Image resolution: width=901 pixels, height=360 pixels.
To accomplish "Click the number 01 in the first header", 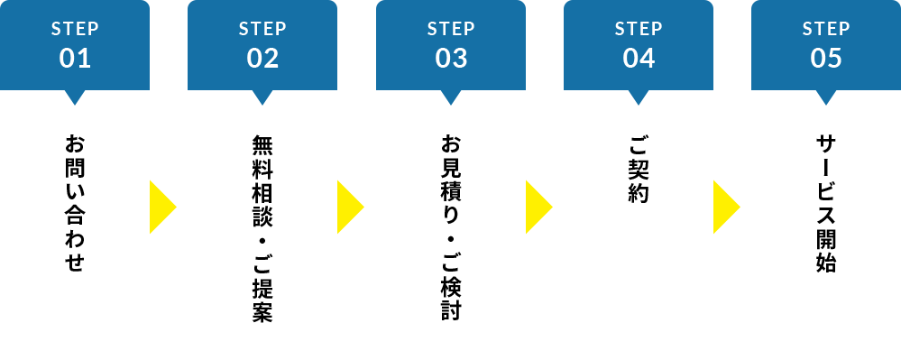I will (75, 59).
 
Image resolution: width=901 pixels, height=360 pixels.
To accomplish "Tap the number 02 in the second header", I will (262, 59).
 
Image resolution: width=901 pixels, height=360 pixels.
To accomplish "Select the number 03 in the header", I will (451, 59).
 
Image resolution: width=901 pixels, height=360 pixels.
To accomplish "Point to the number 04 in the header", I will (639, 59).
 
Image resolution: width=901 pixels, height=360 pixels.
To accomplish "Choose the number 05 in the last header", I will (826, 59).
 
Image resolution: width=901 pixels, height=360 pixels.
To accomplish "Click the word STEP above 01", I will (75, 28).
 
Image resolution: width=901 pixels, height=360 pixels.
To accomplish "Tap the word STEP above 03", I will (451, 28).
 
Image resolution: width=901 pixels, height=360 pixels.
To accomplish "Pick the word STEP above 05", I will (826, 28).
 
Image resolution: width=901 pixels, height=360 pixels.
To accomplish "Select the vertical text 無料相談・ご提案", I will (262, 229).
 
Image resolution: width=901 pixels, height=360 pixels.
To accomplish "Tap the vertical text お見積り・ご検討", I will (451, 229).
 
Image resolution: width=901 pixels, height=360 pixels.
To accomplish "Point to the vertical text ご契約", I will (639, 169).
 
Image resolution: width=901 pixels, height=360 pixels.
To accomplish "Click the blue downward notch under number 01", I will (75, 96).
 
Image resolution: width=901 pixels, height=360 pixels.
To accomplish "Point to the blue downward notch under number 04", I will (639, 96).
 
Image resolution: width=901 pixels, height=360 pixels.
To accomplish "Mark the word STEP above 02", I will (262, 28).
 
